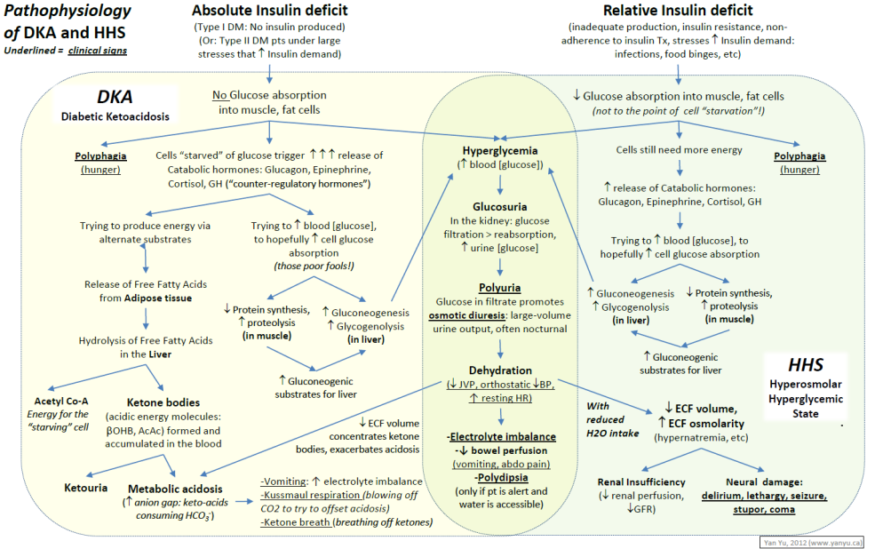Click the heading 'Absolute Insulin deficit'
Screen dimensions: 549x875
[x=269, y=12]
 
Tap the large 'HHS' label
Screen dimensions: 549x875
[x=805, y=366]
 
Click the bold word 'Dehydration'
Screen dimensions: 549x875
[x=501, y=370]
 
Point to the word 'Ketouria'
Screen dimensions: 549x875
[x=86, y=489]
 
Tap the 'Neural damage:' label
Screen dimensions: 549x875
[x=762, y=481]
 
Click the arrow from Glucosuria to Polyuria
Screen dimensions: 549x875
[x=500, y=267]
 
